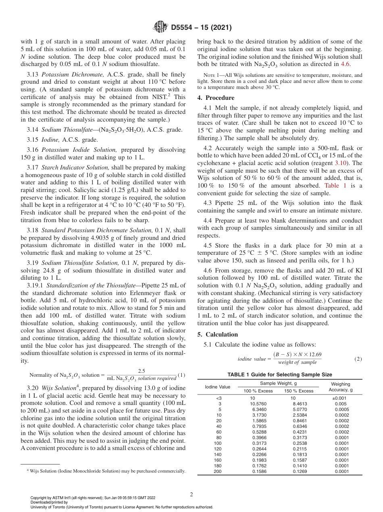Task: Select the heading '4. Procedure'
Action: point(216,98)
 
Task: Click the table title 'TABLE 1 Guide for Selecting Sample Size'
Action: point(280,375)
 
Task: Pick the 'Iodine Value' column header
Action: point(218,387)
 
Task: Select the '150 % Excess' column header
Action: point(299,391)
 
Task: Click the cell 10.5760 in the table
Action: point(258,404)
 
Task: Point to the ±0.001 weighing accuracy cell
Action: point(340,398)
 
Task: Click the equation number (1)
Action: point(181,375)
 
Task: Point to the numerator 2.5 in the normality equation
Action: point(142,371)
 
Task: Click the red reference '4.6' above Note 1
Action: point(346,64)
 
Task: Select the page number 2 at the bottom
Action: point(191,494)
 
